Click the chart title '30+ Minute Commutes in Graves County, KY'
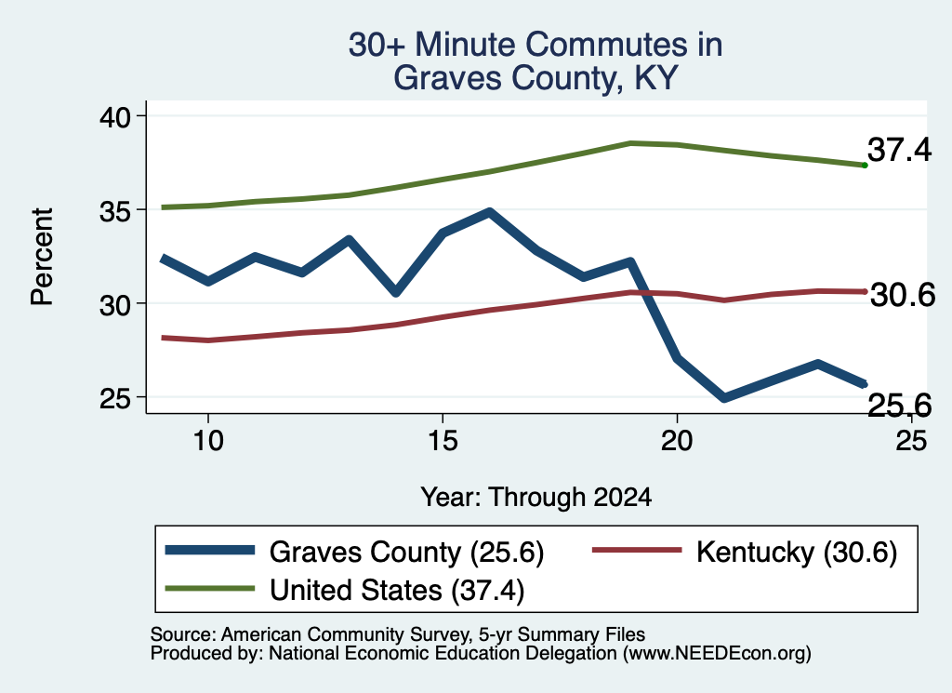(535, 60)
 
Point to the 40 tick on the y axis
(115, 116)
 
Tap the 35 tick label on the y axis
(115, 211)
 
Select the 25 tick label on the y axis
(115, 398)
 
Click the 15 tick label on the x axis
(443, 440)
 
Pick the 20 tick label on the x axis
(677, 440)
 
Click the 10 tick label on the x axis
(208, 440)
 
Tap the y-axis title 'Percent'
(42, 257)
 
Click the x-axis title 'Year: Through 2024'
(536, 497)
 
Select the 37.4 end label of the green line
(899, 150)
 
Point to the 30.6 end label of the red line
(903, 295)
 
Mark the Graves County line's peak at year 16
(489, 212)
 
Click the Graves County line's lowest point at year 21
(723, 398)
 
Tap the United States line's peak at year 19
(631, 143)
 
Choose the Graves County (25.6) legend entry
(354, 552)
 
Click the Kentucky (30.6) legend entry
(745, 552)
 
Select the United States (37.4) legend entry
(345, 590)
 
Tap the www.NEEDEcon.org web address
(717, 654)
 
